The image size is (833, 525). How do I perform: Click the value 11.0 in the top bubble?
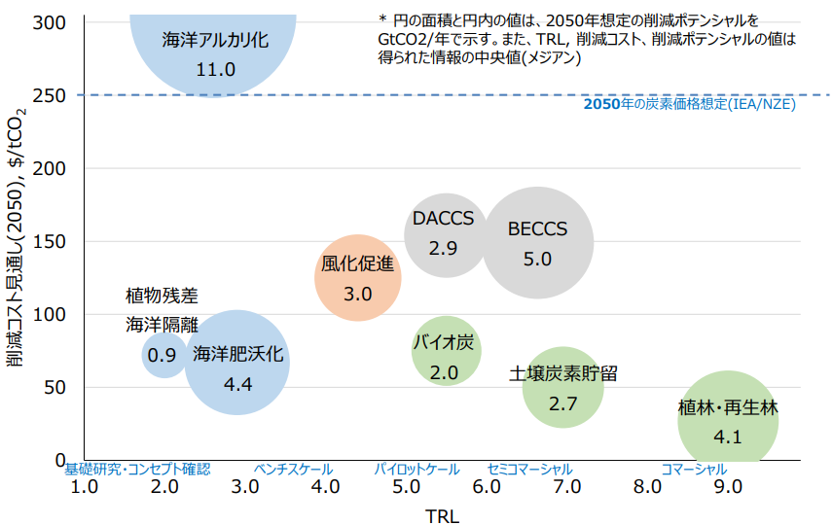[x=215, y=70]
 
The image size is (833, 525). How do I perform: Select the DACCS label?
[x=443, y=219]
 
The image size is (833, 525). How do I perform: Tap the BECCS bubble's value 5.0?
[x=537, y=260]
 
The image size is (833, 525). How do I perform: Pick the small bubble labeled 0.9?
[x=162, y=356]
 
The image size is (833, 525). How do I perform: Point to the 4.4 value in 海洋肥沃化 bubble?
[x=237, y=384]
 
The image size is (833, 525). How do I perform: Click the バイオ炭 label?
[x=444, y=343]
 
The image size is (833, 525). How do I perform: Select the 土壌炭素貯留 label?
[x=563, y=374]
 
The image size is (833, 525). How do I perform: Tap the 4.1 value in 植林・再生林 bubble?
[x=728, y=437]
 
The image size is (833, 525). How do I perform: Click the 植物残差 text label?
[x=162, y=296]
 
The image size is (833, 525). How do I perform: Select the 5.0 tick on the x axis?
[x=407, y=487]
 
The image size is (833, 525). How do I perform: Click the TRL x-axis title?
[x=442, y=516]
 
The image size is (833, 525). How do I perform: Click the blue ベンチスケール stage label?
[x=293, y=470]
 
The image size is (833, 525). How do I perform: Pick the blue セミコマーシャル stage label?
[x=529, y=470]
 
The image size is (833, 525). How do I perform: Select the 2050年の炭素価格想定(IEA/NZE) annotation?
[x=689, y=105]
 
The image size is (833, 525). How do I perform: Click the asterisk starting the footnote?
[x=382, y=19]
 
